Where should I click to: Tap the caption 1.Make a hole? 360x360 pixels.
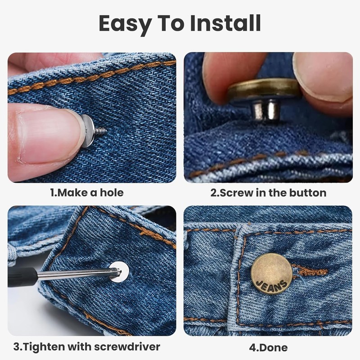pos(86,193)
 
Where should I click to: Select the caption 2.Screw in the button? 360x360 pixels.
pos(268,193)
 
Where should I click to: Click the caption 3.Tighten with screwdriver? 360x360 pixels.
pos(86,347)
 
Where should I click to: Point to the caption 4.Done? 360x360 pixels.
pos(268,347)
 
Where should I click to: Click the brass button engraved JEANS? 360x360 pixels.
pos(270,274)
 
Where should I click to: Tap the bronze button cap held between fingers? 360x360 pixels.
pos(263,89)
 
